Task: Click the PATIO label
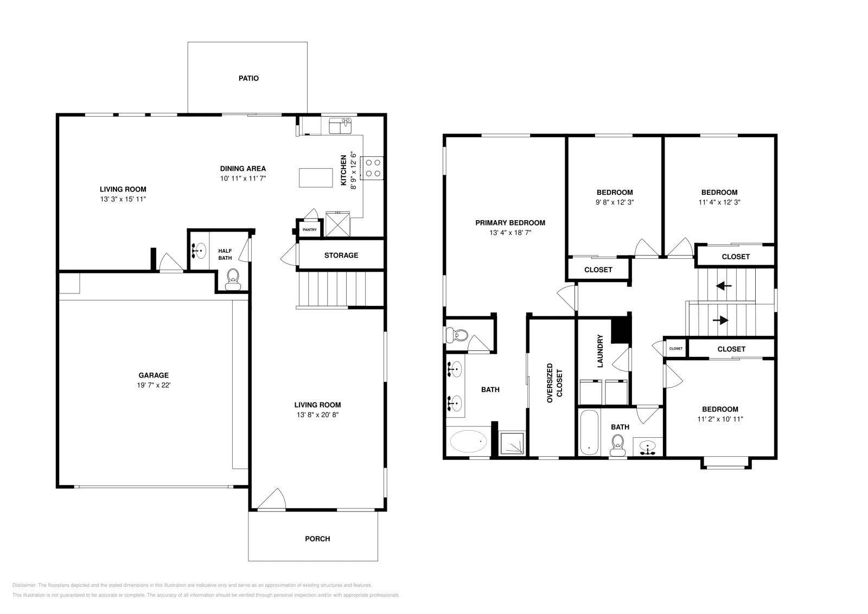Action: click(248, 78)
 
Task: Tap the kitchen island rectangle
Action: click(316, 177)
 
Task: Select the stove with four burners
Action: click(373, 168)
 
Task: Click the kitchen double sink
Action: click(340, 126)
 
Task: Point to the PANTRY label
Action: click(309, 230)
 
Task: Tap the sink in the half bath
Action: click(199, 251)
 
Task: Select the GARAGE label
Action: click(154, 375)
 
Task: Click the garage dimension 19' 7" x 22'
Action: click(154, 385)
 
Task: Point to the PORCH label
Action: click(317, 539)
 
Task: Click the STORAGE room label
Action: click(341, 255)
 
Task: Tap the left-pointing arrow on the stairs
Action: click(724, 285)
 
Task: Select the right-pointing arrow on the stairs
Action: click(720, 320)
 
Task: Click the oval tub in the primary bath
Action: click(469, 442)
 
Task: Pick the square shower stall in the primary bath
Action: click(512, 443)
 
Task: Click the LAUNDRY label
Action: click(601, 351)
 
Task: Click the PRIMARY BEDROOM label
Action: click(510, 222)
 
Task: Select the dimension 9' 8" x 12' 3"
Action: click(615, 202)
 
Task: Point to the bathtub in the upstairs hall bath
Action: click(589, 432)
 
